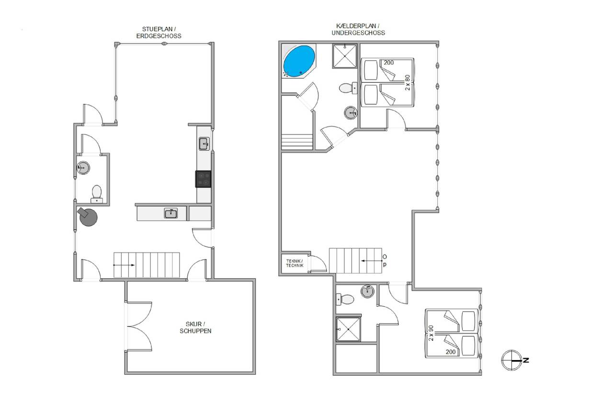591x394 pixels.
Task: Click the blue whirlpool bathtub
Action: [299, 61]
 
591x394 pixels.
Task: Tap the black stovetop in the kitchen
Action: [203, 179]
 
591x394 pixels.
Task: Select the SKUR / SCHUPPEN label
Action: [195, 327]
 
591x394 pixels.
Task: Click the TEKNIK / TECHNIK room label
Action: [295, 263]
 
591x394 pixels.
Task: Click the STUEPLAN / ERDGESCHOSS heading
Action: [159, 33]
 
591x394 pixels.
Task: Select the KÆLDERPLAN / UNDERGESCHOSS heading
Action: [358, 29]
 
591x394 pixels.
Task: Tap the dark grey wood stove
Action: [88, 216]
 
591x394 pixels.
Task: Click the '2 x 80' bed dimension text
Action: [408, 82]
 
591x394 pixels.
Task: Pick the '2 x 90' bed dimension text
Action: [431, 333]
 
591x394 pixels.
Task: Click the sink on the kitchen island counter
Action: [171, 213]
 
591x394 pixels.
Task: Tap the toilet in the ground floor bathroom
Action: [97, 194]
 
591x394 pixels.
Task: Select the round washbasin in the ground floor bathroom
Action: [83, 168]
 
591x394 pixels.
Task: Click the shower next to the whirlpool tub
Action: [344, 56]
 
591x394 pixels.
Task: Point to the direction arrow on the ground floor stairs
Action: [124, 265]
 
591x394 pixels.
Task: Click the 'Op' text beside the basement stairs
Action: [385, 260]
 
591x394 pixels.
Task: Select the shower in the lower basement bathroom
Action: [348, 329]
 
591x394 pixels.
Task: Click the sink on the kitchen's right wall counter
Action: [204, 144]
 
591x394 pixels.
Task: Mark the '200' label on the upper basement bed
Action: [388, 63]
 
